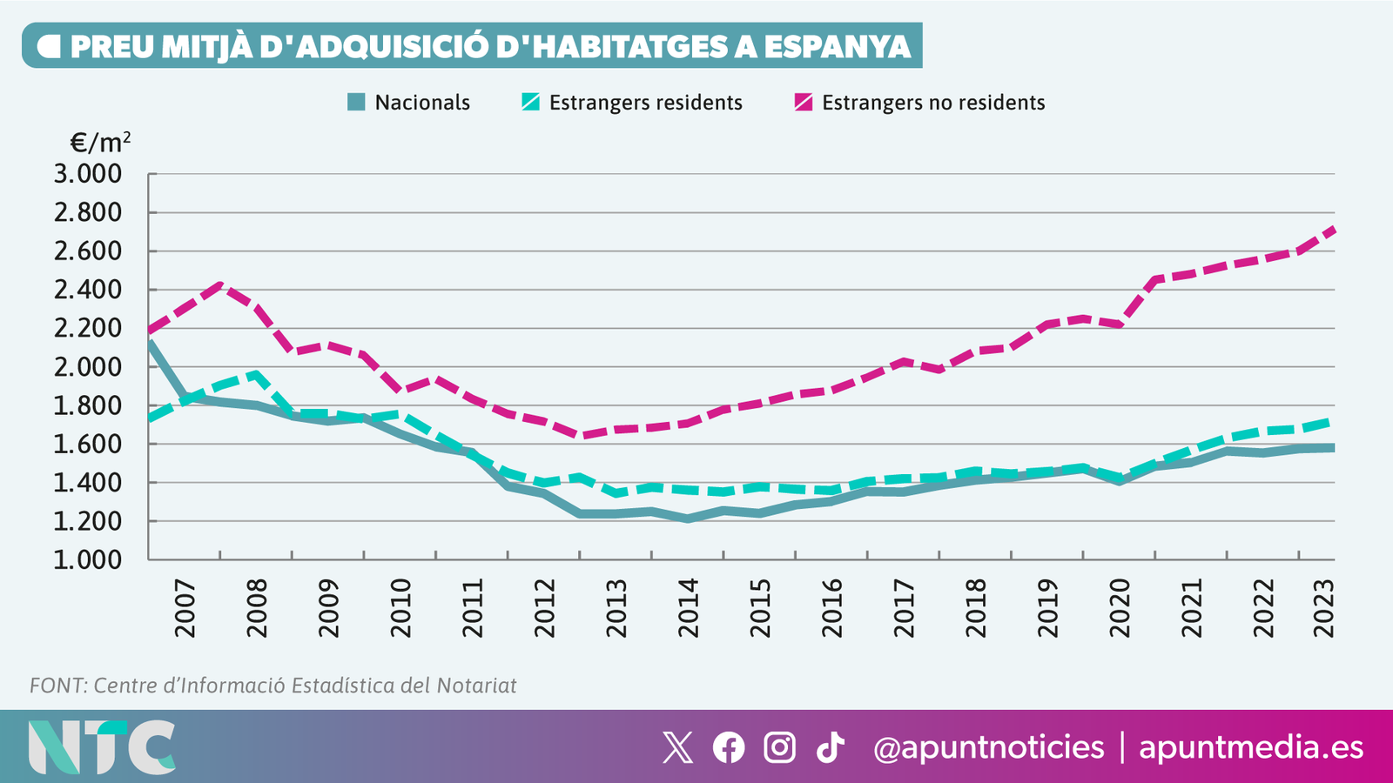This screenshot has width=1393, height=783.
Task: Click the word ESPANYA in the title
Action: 838,46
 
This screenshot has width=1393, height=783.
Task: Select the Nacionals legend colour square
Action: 356,103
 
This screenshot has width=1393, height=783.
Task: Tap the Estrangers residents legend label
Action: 645,103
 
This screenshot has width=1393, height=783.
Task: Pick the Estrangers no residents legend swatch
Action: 804,103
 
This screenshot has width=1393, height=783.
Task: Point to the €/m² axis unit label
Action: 100,142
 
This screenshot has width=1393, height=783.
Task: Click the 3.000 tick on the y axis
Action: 88,174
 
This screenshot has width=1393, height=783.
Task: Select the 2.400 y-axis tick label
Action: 88,290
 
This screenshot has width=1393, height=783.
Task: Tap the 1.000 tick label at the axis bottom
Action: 88,559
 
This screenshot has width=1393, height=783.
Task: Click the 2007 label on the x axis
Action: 185,608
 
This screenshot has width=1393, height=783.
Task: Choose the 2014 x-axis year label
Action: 689,608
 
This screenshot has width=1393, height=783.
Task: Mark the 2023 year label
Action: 1324,608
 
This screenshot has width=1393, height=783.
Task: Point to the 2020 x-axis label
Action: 1120,608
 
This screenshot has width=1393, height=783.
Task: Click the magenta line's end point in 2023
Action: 1333,230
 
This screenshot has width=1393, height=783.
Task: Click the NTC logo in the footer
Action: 101,746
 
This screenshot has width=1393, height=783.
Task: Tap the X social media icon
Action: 677,747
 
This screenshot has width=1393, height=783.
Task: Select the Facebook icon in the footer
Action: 729,747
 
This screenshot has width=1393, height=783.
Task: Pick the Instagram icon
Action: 779,747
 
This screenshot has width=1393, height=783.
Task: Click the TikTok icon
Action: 831,747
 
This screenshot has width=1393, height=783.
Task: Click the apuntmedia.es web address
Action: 1251,747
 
